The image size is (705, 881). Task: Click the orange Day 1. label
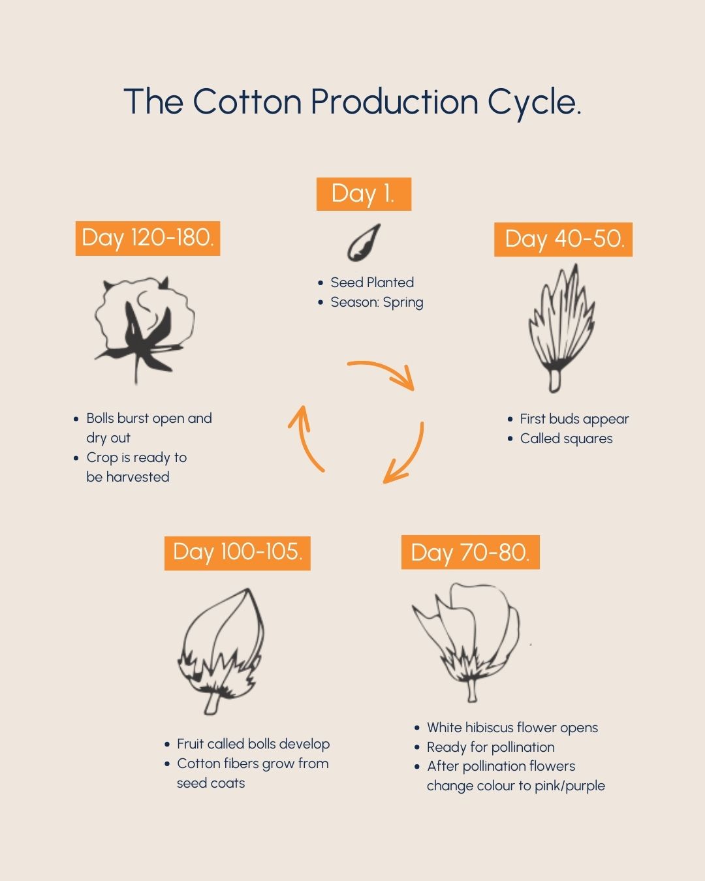pyautogui.click(x=364, y=194)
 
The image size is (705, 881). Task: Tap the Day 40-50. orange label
pyautogui.click(x=563, y=240)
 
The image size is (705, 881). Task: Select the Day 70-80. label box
pyautogui.click(x=470, y=552)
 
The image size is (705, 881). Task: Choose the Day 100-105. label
pyautogui.click(x=237, y=553)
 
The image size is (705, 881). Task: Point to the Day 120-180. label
pyautogui.click(x=148, y=238)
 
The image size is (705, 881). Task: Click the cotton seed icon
pyautogui.click(x=363, y=243)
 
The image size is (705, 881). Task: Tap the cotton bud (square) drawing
pyautogui.click(x=561, y=328)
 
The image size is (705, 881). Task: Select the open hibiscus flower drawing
pyautogui.click(x=466, y=642)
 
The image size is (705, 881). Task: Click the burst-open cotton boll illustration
pyautogui.click(x=144, y=330)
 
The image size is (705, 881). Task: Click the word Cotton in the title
pyautogui.click(x=247, y=101)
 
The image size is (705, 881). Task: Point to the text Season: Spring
pyautogui.click(x=377, y=303)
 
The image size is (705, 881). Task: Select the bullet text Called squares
pyautogui.click(x=566, y=439)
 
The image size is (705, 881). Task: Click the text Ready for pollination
pyautogui.click(x=491, y=747)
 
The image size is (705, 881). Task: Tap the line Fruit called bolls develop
pyautogui.click(x=253, y=744)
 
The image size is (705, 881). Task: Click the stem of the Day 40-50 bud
pyautogui.click(x=555, y=380)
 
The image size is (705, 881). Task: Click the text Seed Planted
pyautogui.click(x=372, y=283)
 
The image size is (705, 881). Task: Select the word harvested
pyautogui.click(x=138, y=477)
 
